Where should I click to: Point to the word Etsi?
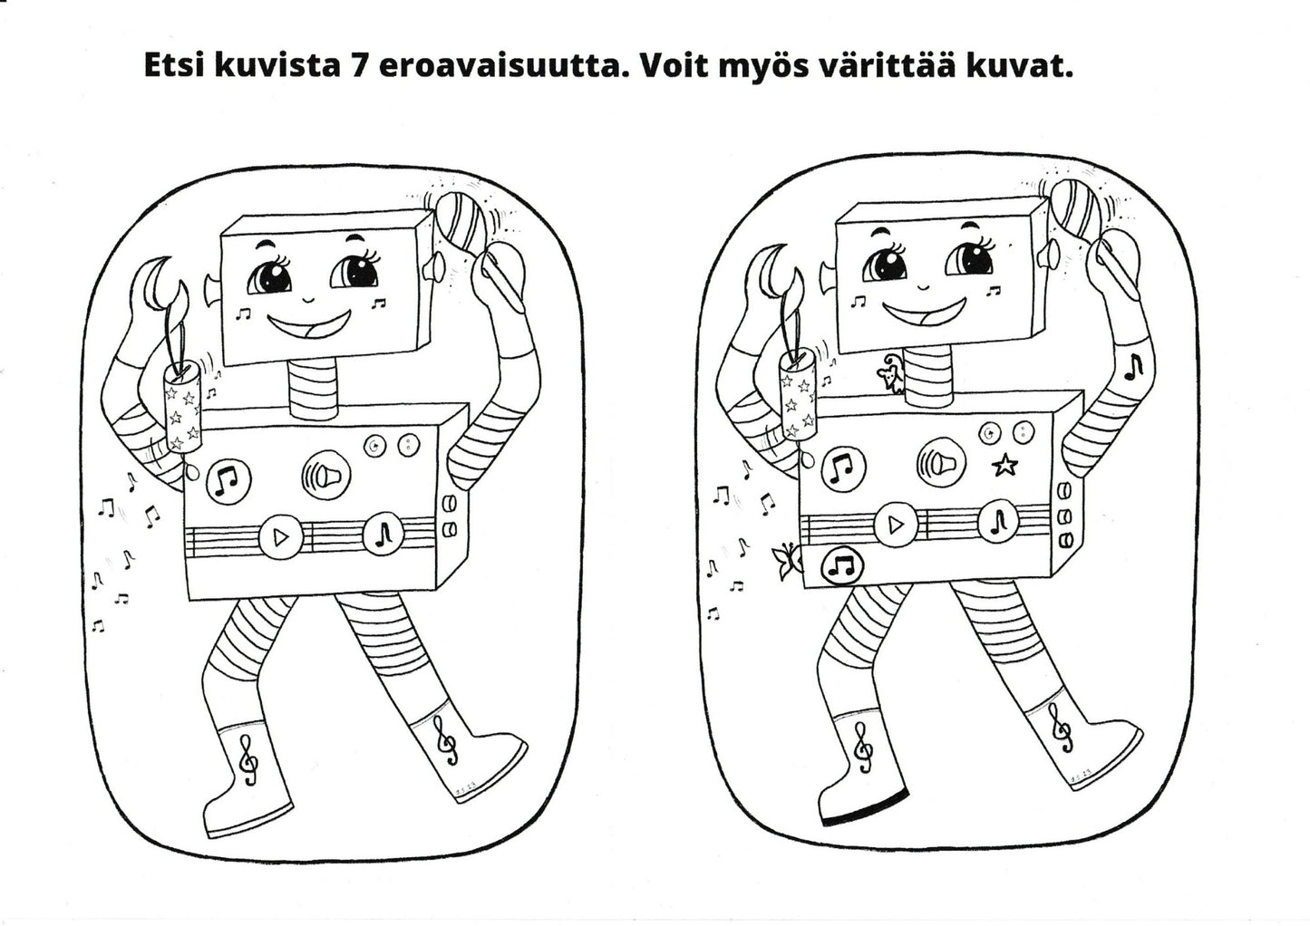tap(173, 67)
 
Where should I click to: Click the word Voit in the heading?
tap(672, 67)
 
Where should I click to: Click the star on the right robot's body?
tap(1004, 467)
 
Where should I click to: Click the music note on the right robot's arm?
tap(1133, 364)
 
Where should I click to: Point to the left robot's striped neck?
tap(314, 390)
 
